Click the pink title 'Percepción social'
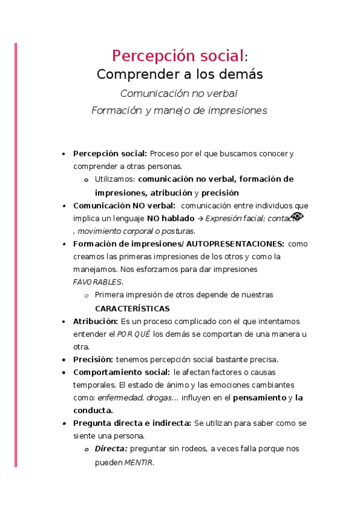[x=178, y=56]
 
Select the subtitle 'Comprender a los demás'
[x=180, y=75]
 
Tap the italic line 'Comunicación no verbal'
[x=178, y=93]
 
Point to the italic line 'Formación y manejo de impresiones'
[x=179, y=111]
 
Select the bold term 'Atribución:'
[x=95, y=321]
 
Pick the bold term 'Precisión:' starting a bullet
[x=93, y=360]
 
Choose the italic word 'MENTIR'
[x=139, y=462]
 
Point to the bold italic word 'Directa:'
[x=111, y=449]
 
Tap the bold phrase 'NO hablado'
[x=170, y=218]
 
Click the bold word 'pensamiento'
[x=259, y=398]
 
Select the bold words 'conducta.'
[x=93, y=410]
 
